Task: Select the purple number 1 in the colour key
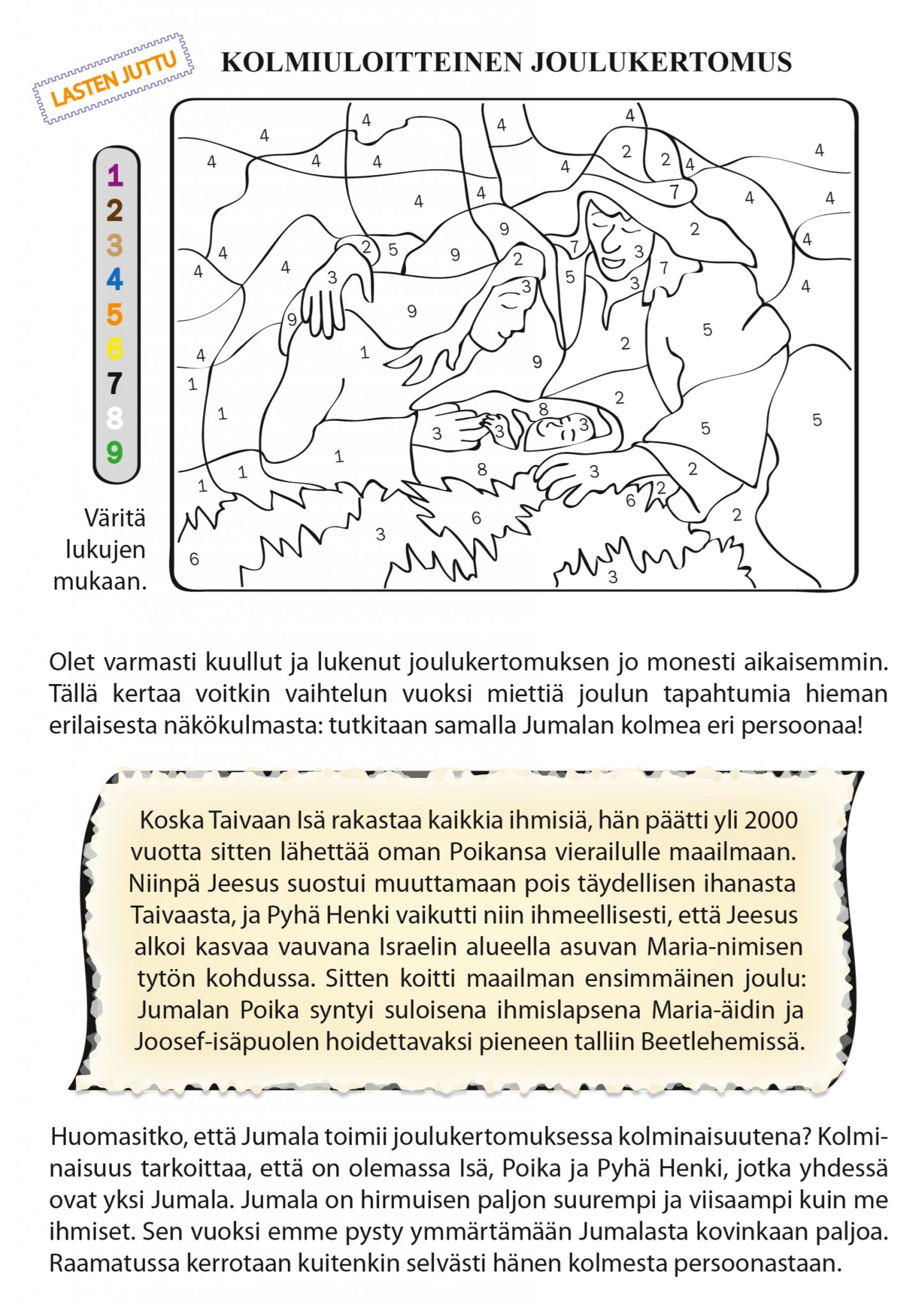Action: (x=115, y=176)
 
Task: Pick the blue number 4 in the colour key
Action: (x=115, y=280)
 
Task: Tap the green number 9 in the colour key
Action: (x=115, y=453)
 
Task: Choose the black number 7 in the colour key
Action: (x=115, y=384)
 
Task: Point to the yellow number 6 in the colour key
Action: (x=115, y=349)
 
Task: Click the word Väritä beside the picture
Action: (x=116, y=518)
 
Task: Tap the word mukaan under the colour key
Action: (x=100, y=582)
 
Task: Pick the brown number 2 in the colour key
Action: (x=115, y=210)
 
